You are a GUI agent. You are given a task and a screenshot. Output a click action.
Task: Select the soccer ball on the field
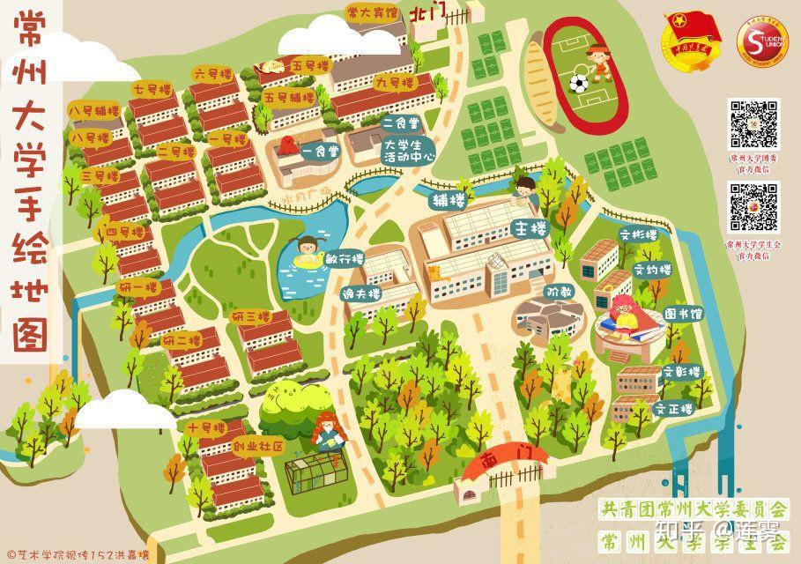point(578,84)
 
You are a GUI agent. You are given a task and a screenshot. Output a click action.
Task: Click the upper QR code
point(753,124)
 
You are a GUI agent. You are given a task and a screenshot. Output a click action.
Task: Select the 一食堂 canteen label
point(320,152)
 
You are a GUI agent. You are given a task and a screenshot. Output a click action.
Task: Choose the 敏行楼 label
point(345,260)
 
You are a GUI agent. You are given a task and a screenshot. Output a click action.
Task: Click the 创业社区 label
point(257,447)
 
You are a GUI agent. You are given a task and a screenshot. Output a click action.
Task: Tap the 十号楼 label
point(206,427)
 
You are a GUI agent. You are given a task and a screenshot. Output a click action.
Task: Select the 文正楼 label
point(673,409)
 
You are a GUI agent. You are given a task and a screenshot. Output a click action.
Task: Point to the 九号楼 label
point(393,82)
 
